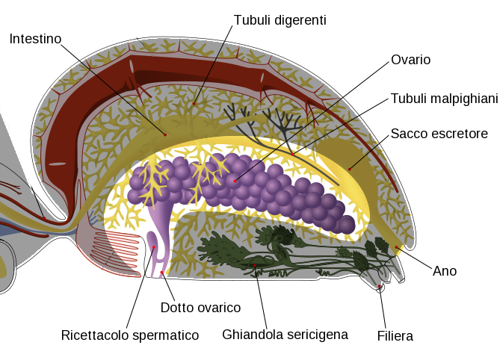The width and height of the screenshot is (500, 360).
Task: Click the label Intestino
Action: (x=35, y=38)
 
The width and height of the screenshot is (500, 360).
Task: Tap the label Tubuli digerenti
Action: (x=280, y=20)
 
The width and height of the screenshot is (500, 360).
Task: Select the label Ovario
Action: (x=410, y=59)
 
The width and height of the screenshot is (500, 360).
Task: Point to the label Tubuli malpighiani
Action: (x=444, y=99)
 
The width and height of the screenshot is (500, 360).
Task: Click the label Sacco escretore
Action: (x=439, y=134)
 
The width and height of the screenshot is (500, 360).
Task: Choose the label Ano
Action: (x=444, y=270)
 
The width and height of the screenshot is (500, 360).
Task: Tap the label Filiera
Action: (x=395, y=336)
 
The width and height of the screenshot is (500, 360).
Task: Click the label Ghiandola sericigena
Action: (x=285, y=334)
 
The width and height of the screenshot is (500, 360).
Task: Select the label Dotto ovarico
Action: (x=200, y=308)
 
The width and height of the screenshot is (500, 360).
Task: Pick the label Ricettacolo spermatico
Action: (x=130, y=335)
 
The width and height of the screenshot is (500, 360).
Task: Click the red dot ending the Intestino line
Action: (x=165, y=134)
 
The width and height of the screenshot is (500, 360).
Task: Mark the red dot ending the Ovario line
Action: (x=235, y=180)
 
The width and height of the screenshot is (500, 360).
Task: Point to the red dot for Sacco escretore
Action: (x=349, y=169)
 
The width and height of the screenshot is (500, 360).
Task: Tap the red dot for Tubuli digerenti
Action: (x=195, y=103)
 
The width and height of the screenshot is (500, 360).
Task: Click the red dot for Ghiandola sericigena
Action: (x=255, y=265)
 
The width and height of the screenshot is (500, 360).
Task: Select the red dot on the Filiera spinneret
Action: (x=380, y=285)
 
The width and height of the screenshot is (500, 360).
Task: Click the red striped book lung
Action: (x=120, y=246)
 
